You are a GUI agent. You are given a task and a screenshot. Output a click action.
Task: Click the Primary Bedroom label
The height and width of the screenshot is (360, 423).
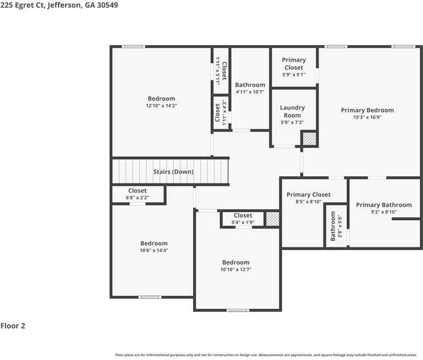pyautogui.click(x=367, y=110)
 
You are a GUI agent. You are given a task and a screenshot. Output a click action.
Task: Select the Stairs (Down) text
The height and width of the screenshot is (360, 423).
pyautogui.click(x=173, y=172)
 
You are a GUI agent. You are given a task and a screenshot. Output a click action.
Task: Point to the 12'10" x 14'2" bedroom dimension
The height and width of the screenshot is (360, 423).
pyautogui.click(x=161, y=106)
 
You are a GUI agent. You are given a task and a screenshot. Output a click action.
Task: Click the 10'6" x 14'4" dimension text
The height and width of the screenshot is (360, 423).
pyautogui.click(x=153, y=251)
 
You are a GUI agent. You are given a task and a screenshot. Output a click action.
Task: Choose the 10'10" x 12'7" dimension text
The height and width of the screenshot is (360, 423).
pyautogui.click(x=235, y=270)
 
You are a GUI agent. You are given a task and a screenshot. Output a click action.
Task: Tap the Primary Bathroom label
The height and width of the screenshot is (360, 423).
pyautogui.click(x=383, y=205)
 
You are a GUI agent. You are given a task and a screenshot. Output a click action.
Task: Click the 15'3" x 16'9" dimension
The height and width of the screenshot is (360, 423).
pyautogui.click(x=367, y=117)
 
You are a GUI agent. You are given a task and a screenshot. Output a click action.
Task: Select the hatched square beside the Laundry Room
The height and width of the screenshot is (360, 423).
pyautogui.click(x=310, y=139)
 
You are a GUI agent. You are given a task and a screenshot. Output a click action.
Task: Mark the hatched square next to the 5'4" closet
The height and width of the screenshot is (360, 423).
pyautogui.click(x=272, y=219)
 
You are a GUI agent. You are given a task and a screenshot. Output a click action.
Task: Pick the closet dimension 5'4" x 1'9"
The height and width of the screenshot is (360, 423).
pyautogui.click(x=243, y=222)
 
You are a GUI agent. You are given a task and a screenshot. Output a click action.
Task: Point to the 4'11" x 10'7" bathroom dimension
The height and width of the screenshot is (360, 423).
pyautogui.click(x=250, y=92)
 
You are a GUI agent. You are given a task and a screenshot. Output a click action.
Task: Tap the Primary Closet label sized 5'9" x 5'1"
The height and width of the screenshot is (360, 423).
pyautogui.click(x=294, y=64)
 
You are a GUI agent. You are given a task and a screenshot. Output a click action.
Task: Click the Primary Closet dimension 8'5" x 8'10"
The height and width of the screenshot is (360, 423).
pyautogui.click(x=308, y=202)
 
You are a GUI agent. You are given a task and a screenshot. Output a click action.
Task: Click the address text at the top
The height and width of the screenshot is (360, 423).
pyautogui.click(x=59, y=5)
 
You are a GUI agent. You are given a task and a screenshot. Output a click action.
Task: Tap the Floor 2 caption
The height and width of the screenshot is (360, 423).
pyautogui.click(x=13, y=326)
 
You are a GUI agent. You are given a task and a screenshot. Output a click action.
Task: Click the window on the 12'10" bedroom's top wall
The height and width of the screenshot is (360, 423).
pyautogui.click(x=133, y=47)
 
